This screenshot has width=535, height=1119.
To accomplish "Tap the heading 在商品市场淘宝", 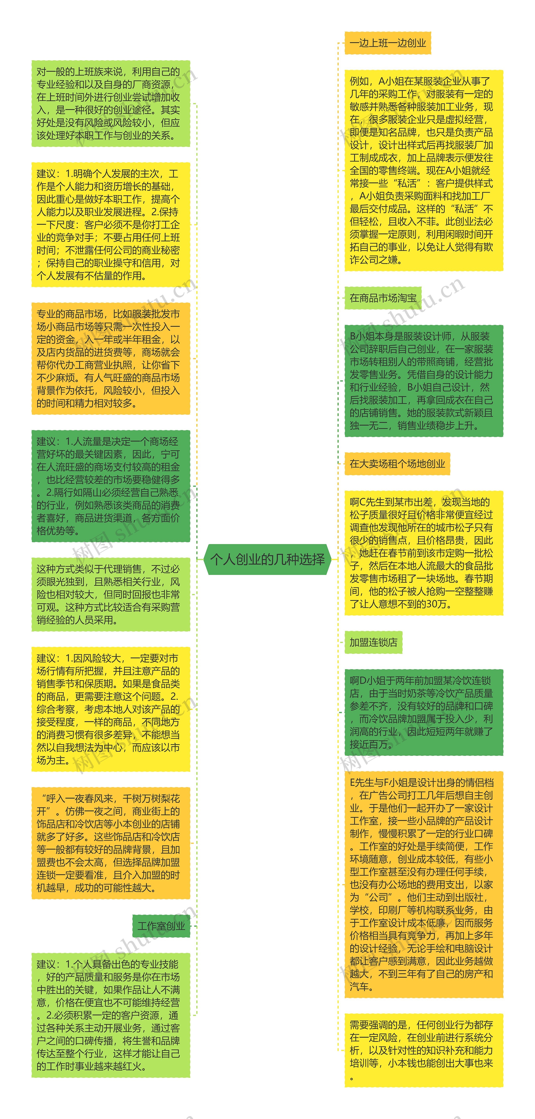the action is click(383, 298).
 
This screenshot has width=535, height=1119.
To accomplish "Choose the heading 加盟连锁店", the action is click(373, 642).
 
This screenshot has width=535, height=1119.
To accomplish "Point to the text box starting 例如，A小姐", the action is click(423, 170).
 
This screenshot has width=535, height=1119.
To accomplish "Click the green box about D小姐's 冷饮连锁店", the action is click(423, 712).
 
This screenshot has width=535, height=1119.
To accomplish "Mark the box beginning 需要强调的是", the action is click(423, 1050).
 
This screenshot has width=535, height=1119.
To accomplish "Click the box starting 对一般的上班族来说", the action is click(111, 103).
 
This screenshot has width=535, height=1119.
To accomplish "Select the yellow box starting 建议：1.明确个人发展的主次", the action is click(111, 225).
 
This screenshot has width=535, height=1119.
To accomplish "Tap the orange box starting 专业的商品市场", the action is click(111, 358).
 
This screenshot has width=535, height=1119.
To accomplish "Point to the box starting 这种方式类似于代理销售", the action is click(111, 594).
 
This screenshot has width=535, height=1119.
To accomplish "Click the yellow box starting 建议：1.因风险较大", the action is click(111, 709).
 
